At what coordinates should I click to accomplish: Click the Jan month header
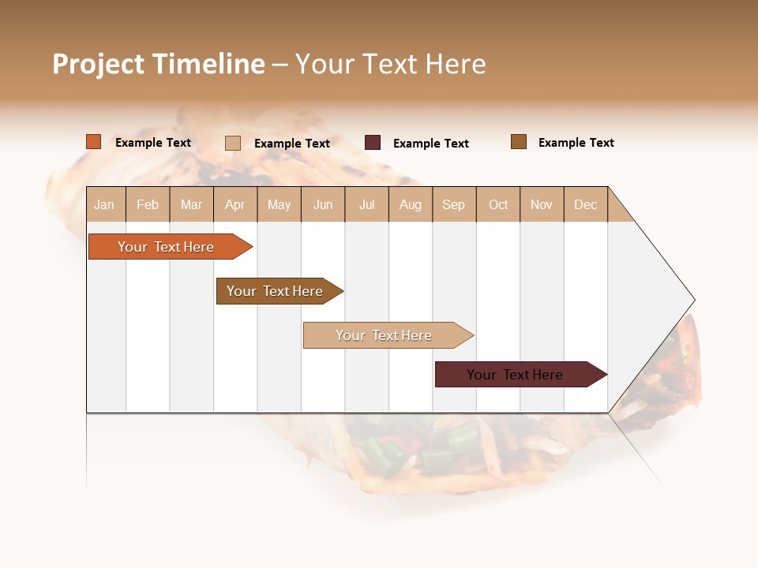[x=104, y=204]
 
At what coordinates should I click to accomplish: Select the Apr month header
[x=235, y=204]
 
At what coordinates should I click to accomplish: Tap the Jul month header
[x=366, y=204]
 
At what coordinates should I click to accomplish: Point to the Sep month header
[x=453, y=204]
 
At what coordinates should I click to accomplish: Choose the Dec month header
[x=585, y=204]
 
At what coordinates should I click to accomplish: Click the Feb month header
[x=148, y=204]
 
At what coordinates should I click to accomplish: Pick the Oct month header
[x=498, y=204]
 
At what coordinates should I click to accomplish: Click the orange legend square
[x=94, y=142]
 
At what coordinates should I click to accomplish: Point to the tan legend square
[x=233, y=143]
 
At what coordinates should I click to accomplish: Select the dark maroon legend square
[x=373, y=143]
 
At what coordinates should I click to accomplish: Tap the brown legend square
[x=519, y=142]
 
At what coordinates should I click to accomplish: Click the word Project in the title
[x=98, y=64]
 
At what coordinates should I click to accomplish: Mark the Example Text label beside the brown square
[x=576, y=143]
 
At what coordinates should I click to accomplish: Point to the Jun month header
[x=323, y=204]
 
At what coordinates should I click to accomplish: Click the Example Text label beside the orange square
[x=153, y=143]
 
